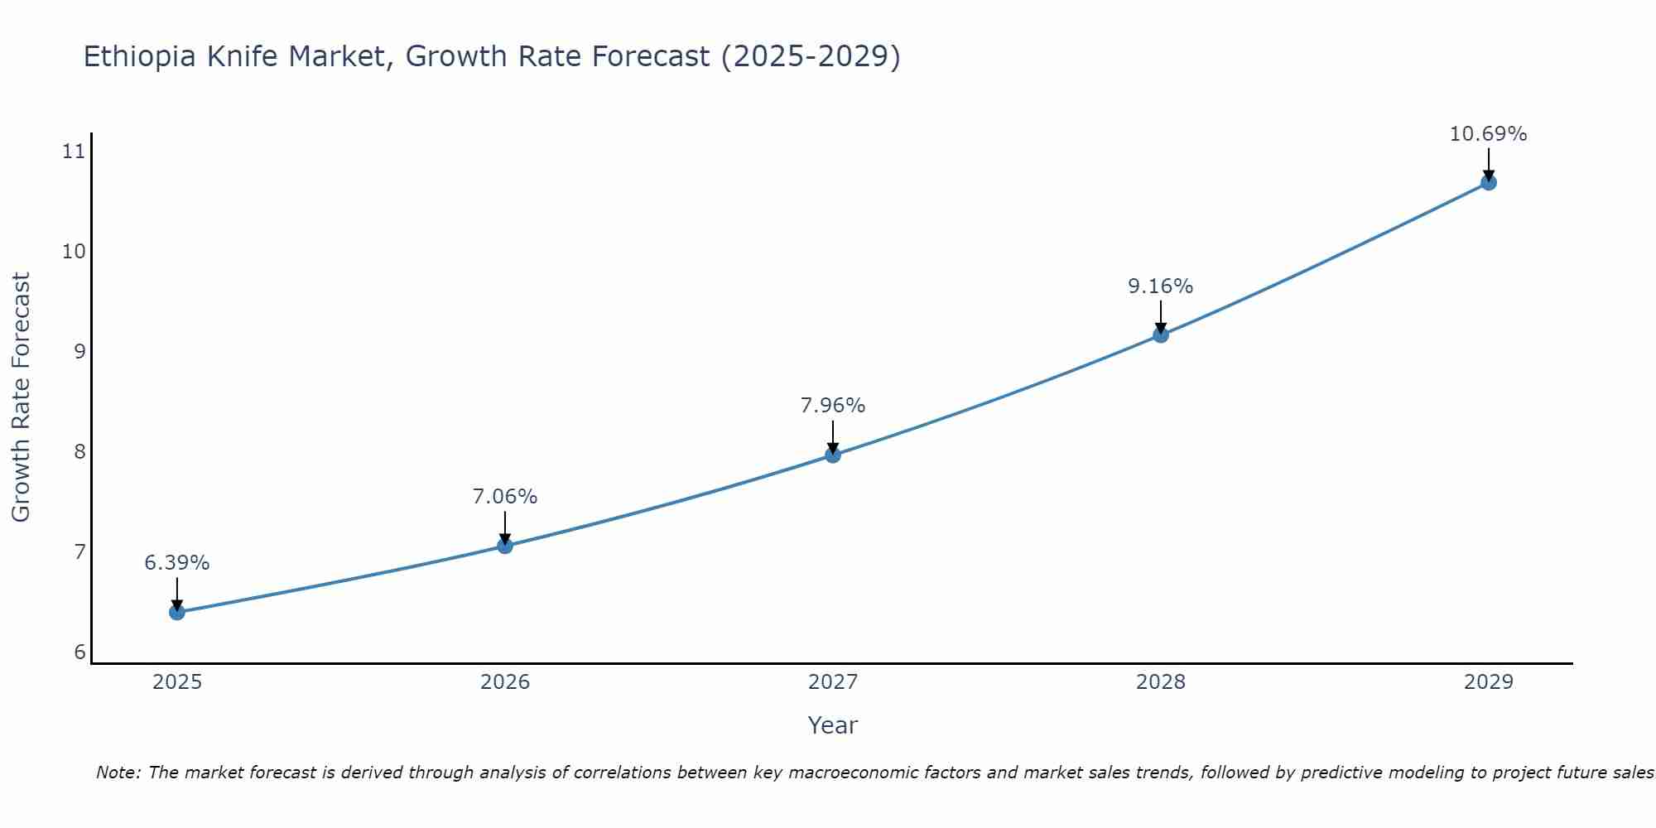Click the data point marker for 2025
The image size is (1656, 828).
[177, 612]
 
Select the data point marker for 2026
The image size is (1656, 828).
[505, 546]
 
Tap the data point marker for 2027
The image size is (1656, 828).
[833, 455]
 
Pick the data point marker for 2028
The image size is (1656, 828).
[1161, 335]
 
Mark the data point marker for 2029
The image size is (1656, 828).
[1488, 182]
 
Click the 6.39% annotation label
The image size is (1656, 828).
[177, 563]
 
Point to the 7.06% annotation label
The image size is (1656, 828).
[505, 497]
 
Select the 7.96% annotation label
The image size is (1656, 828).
[833, 406]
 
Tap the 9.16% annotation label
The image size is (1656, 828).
[1161, 286]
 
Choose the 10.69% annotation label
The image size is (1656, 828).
[1488, 134]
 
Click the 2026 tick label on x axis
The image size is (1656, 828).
[505, 682]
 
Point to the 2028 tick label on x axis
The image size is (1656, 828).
[1161, 682]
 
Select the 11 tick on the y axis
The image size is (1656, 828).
[74, 152]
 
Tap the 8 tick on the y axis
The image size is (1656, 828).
[79, 452]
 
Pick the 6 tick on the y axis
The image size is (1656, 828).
[79, 652]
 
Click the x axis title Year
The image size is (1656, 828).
[833, 725]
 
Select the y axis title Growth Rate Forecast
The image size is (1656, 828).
[21, 397]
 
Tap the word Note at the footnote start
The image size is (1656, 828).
[118, 773]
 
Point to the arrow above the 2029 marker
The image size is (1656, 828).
[1488, 164]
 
